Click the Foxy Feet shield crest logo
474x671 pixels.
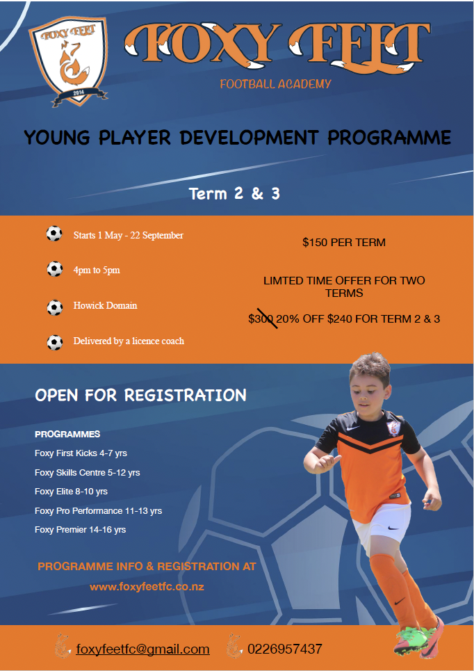68,60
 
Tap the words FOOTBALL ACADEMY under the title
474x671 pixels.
275,84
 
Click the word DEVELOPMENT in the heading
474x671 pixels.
249,138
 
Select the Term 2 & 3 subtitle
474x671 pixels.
234,194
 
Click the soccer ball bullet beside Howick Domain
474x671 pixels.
55,307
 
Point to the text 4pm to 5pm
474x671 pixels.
97,270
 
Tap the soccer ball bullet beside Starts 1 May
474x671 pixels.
54,234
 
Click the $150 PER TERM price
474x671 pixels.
344,243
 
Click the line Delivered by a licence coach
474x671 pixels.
129,341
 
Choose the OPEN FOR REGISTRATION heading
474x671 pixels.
141,395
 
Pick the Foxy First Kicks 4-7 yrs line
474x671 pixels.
81,453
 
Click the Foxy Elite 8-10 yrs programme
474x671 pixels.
71,492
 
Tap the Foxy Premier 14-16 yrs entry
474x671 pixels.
81,530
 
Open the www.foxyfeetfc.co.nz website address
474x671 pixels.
147,587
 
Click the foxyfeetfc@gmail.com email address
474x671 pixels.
143,649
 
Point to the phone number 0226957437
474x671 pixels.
285,649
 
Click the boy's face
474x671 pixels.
368,391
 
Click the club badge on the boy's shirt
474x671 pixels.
393,428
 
